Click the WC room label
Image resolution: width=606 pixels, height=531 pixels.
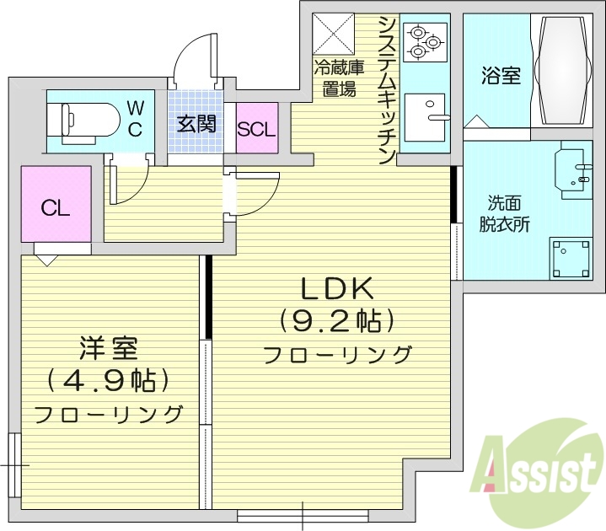(x=135, y=118)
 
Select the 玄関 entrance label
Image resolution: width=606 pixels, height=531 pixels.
(x=196, y=124)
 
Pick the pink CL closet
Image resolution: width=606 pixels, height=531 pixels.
(x=56, y=208)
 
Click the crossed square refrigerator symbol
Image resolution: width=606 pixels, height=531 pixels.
(x=334, y=35)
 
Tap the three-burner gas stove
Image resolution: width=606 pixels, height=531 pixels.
(x=424, y=41)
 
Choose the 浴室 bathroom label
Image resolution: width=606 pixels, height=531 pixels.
(x=501, y=76)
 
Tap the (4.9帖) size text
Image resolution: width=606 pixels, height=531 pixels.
(x=108, y=380)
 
